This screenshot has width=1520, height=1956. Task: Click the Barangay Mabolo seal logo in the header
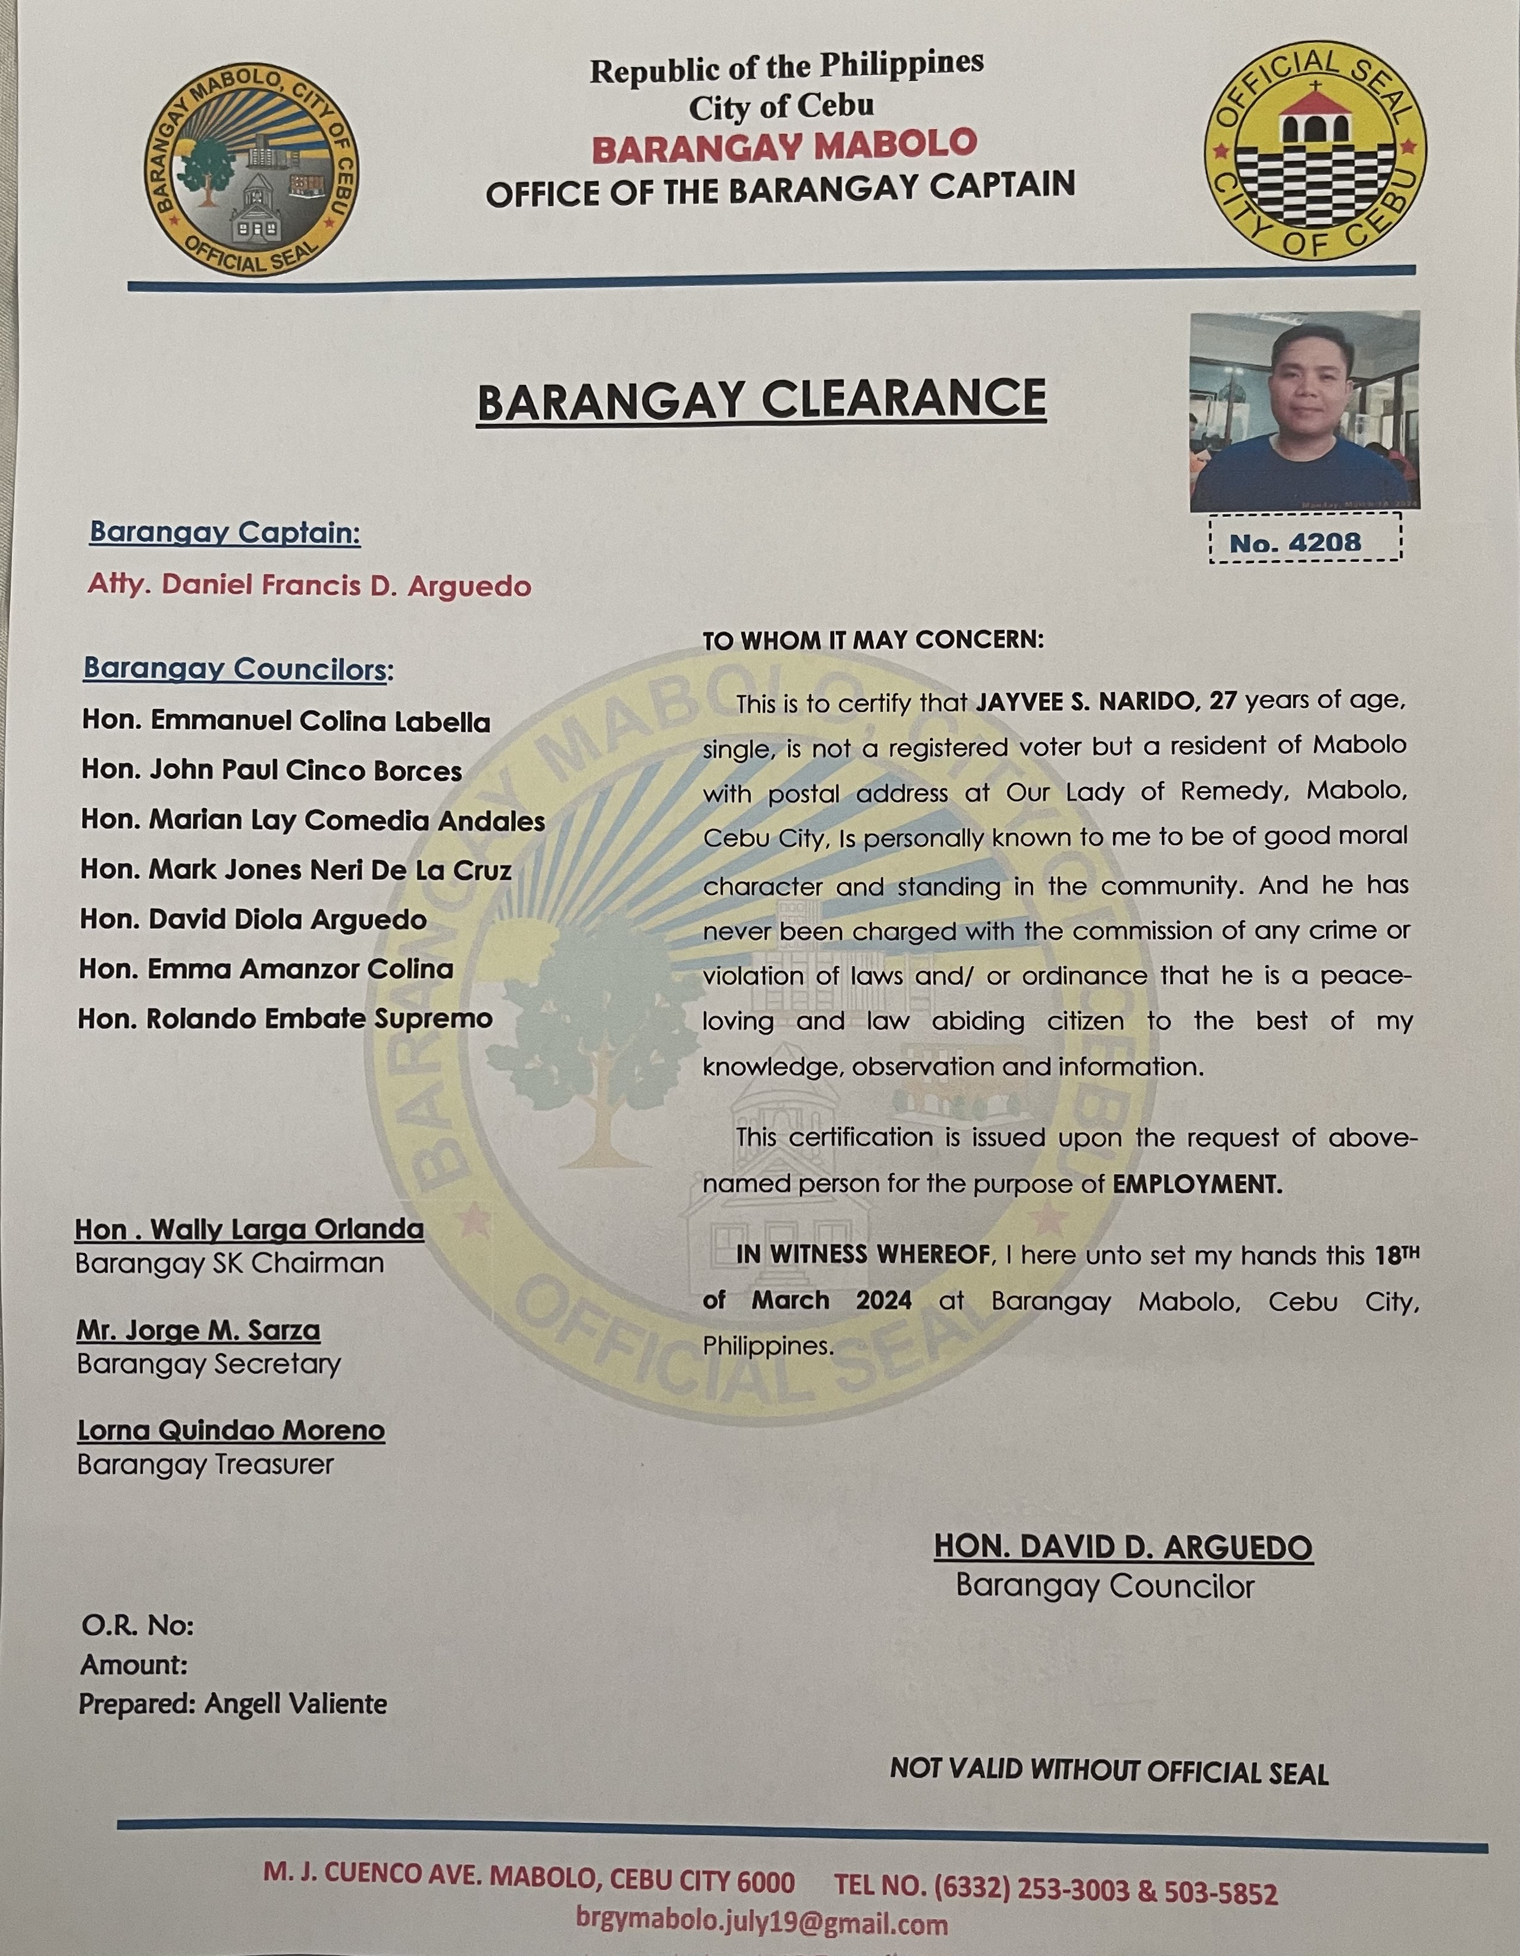250,174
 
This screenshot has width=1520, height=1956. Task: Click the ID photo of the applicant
1304,411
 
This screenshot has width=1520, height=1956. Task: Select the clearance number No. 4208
1295,542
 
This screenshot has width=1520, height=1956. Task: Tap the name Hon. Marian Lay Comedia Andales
312,820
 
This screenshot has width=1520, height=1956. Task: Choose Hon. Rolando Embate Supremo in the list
284,1018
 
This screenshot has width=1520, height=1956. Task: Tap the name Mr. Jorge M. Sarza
198,1330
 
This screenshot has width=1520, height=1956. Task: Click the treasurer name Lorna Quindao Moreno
231,1430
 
